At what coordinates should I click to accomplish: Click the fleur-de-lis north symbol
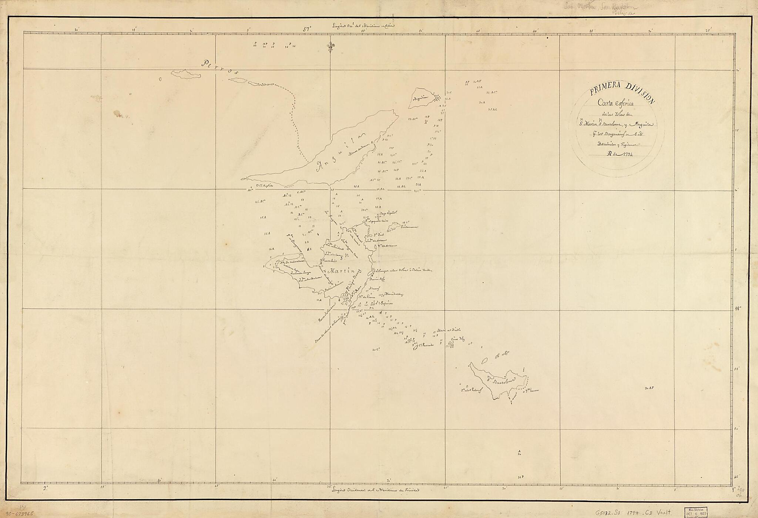coord(331,47)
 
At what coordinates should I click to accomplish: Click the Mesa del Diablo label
coord(448,330)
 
